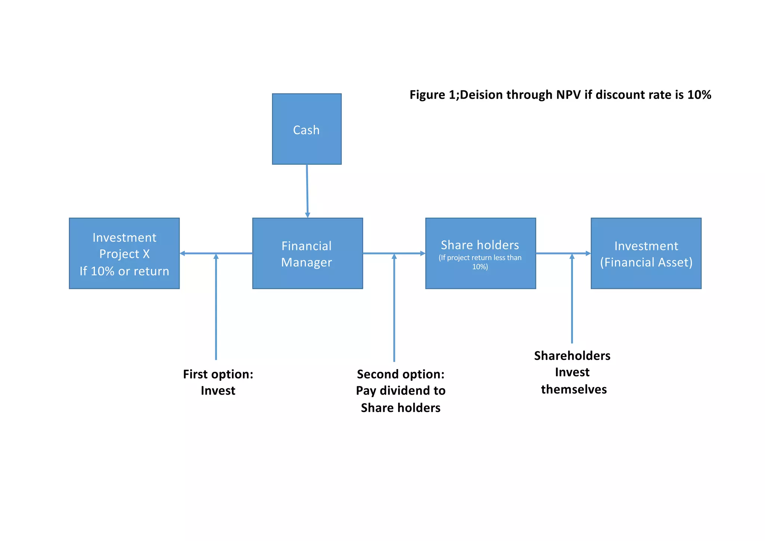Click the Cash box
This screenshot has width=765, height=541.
click(x=306, y=129)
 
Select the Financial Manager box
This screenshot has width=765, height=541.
click(x=307, y=253)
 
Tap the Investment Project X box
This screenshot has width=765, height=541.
click(x=124, y=253)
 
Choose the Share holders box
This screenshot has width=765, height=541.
click(x=480, y=253)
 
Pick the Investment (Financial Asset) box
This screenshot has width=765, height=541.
click(x=646, y=253)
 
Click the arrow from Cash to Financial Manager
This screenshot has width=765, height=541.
click(x=307, y=191)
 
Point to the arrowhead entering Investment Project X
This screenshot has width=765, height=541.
click(x=182, y=253)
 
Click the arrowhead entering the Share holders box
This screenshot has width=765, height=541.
click(x=423, y=253)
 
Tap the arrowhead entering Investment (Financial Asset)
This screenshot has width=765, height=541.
click(x=588, y=253)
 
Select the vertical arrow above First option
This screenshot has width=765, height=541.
click(x=216, y=306)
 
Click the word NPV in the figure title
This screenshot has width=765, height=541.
click(x=569, y=95)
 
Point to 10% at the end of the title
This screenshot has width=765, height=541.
click(x=699, y=95)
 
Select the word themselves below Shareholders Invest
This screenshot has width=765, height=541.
click(x=574, y=389)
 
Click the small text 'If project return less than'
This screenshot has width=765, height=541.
click(x=480, y=258)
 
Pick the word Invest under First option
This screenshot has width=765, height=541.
click(x=218, y=391)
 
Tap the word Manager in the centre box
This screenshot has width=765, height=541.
click(x=306, y=263)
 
